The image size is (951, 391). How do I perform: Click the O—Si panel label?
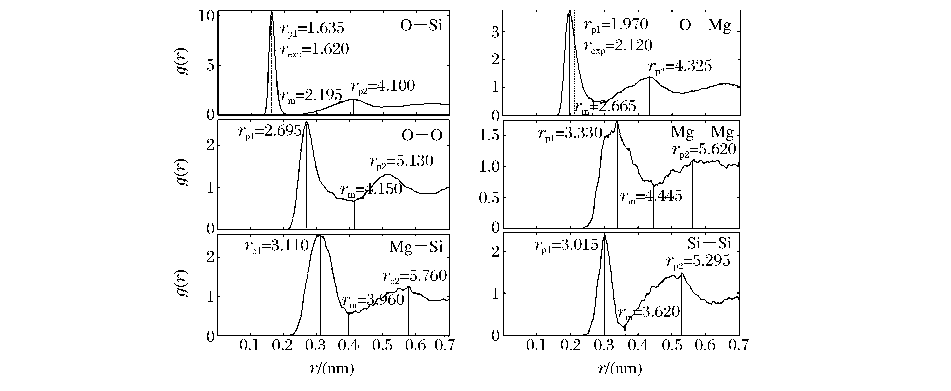[x=421, y=27]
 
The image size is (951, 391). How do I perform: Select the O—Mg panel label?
[x=705, y=27]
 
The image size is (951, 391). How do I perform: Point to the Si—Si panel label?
[x=709, y=244]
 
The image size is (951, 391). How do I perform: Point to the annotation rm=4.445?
[x=651, y=197]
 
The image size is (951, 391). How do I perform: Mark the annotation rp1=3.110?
[x=276, y=246]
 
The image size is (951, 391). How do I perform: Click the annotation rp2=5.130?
[x=401, y=161]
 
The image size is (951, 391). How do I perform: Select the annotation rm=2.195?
[x=311, y=96]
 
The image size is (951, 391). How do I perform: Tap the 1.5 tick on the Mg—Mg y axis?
[x=489, y=136]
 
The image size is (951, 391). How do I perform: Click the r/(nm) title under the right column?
[x=619, y=369]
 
